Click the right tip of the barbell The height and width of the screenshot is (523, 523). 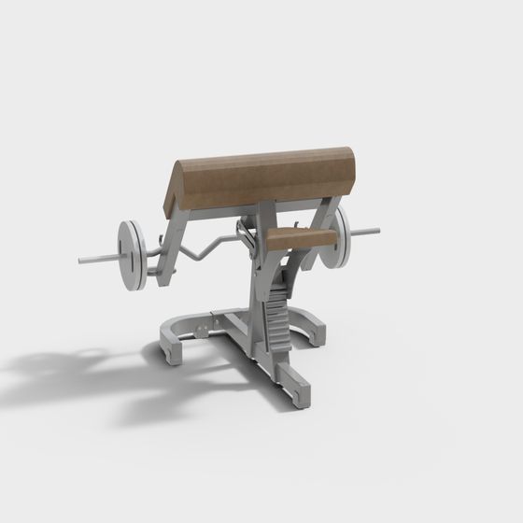[x=377, y=228]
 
